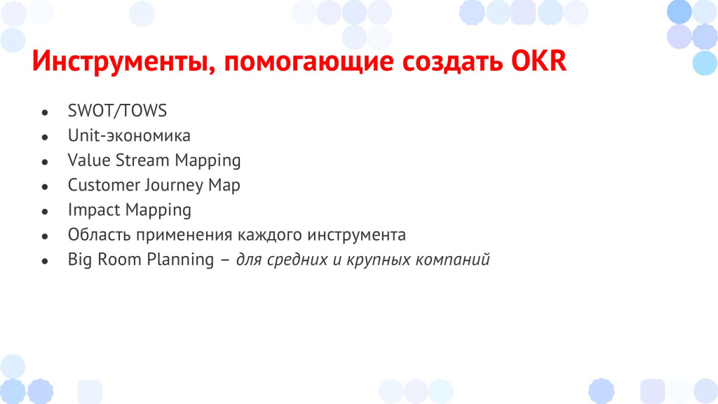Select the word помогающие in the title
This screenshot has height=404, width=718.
[309, 62]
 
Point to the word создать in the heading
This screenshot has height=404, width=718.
[452, 61]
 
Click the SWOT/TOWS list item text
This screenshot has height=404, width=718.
[117, 111]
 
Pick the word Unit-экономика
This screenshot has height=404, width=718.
[129, 135]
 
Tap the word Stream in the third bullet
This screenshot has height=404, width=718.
[142, 161]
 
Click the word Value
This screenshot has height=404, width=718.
[89, 161]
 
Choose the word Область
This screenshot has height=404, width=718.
[100, 234]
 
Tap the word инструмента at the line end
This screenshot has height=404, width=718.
[356, 235]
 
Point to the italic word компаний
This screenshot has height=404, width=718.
[452, 260]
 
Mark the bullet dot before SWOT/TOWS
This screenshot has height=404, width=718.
[44, 112]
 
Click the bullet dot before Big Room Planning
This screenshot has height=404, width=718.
[44, 261]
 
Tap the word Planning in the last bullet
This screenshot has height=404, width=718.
[180, 260]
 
